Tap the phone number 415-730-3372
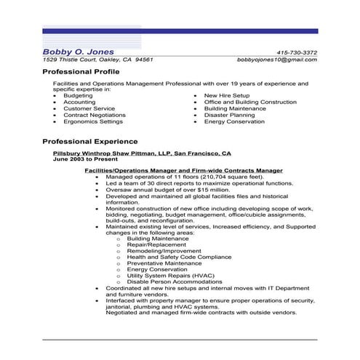tap(297, 52)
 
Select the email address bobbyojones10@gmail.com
tap(278, 60)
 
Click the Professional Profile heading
tap(81, 73)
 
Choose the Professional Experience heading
tap(90, 141)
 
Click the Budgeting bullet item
tap(78, 95)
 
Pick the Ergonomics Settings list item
tap(92, 121)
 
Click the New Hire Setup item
tap(226, 95)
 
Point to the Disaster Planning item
tap(230, 115)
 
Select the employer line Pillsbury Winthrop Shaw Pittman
tap(142, 154)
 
